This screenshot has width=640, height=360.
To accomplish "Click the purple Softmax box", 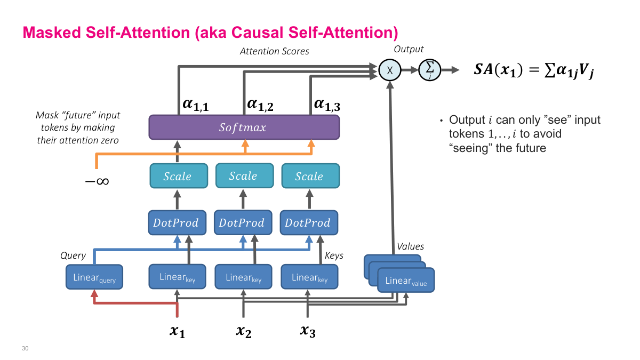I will click(244, 128).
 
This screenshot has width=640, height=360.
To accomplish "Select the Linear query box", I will click(94, 278).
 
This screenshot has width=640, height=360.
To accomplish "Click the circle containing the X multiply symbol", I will click(389, 70).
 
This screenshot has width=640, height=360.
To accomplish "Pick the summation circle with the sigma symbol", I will click(429, 70).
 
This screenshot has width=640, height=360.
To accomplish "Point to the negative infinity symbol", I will click(97, 181).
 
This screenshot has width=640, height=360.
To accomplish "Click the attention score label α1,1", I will click(195, 104).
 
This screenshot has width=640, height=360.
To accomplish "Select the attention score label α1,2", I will click(261, 104).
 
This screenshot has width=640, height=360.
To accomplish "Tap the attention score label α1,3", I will click(327, 104).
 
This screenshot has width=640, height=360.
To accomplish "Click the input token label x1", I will click(178, 332).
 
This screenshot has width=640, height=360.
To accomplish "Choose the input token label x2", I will click(243, 332).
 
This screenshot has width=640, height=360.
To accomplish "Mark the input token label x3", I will click(308, 332).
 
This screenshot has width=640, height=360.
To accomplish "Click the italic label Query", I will click(73, 255).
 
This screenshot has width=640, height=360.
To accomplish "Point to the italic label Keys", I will click(334, 255).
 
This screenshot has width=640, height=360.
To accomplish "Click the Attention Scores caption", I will click(274, 51).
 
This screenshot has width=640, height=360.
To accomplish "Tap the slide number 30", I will click(25, 348).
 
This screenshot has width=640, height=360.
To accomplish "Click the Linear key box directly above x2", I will click(243, 277).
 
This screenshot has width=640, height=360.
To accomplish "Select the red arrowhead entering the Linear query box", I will click(94, 294).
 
